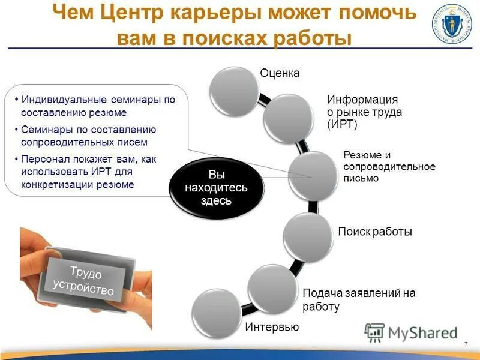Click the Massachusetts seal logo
(451, 25)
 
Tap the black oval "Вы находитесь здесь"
(216, 187)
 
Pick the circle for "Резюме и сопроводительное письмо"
(313, 175)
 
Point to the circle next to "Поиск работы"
(307, 238)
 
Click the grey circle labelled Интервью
(216, 313)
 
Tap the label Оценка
(280, 74)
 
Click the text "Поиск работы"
(375, 232)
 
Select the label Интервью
(272, 328)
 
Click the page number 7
(466, 343)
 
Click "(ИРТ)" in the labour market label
(342, 125)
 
